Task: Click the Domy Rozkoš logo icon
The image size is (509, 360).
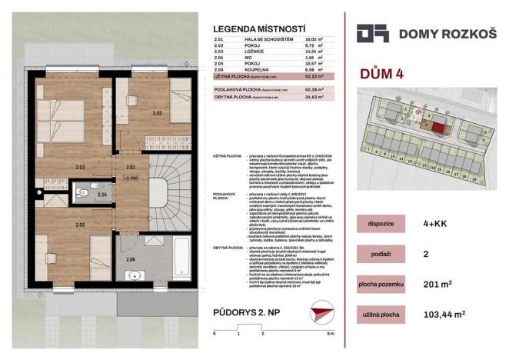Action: pyautogui.click(x=372, y=33)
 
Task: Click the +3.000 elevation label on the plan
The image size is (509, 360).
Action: pyautogui.click(x=128, y=178)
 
